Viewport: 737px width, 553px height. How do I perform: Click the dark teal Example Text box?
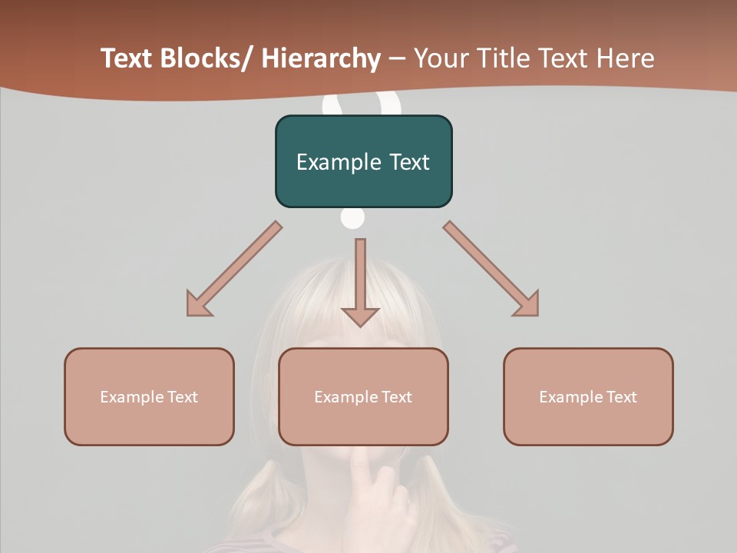coord(363,161)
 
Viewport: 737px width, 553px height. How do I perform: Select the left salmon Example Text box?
coord(149,396)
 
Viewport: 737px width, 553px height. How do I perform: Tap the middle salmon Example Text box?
coord(363,396)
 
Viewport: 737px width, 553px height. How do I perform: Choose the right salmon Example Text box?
coord(588,396)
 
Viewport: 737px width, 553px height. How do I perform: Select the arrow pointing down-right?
coord(491,269)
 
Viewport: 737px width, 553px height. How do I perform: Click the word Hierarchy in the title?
coord(321,58)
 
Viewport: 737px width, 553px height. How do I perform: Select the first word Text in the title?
coord(128,58)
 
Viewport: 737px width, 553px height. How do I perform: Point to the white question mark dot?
coord(352,218)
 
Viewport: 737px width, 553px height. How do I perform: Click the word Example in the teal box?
coord(338,162)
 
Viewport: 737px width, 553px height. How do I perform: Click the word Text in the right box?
coord(621,396)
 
